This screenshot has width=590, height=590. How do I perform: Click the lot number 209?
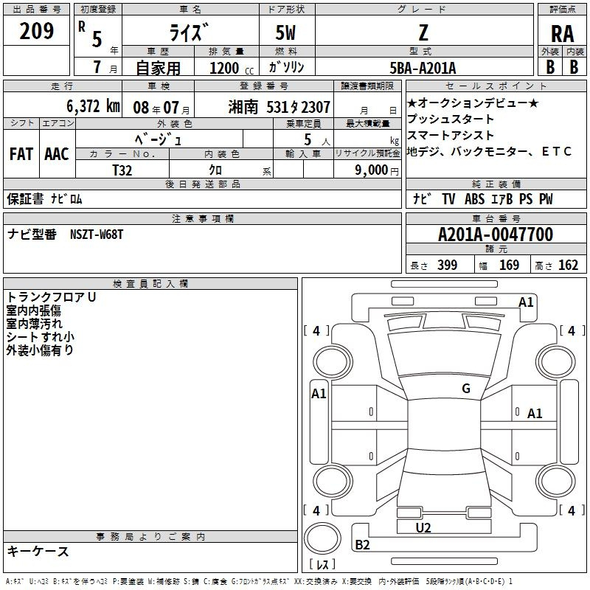[x=36, y=31]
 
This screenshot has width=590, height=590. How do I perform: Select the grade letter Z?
[x=423, y=32]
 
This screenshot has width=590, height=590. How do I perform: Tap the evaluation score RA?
[x=562, y=34]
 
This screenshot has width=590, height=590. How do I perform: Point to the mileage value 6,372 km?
[x=93, y=106]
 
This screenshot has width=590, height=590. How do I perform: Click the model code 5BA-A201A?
[x=423, y=68]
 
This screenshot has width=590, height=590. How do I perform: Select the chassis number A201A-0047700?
[x=496, y=235]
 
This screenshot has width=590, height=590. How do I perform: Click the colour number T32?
[x=122, y=170]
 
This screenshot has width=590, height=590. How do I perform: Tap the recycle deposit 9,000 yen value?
[x=377, y=170]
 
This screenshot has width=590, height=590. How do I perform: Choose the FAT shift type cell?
[x=21, y=154]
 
